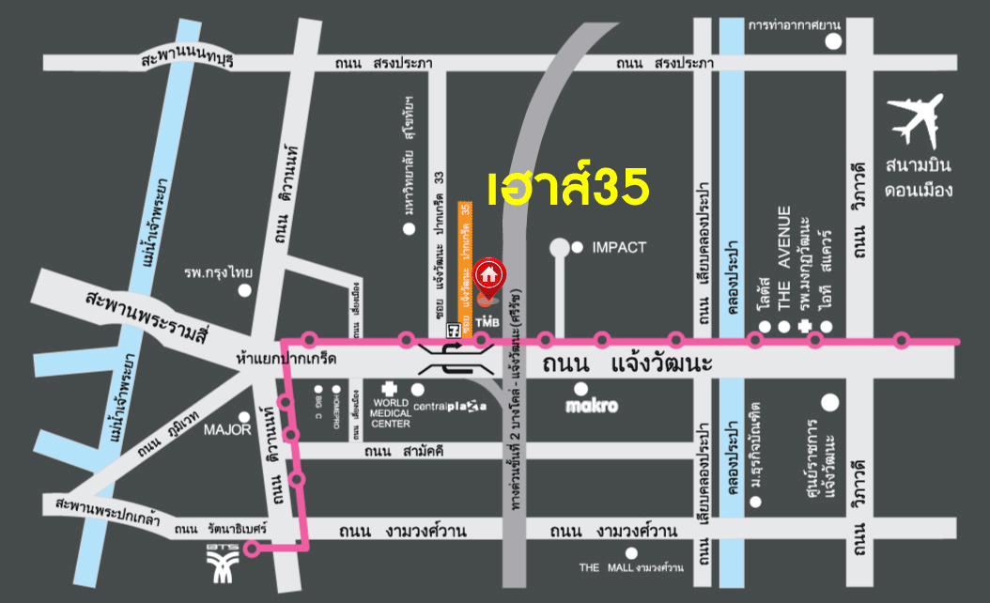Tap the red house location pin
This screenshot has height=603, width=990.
click(x=487, y=274)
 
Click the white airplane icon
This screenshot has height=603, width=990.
click(x=917, y=119)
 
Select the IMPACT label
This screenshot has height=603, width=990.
click(x=619, y=248)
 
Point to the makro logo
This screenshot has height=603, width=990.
click(x=591, y=407)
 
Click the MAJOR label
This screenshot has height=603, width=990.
click(x=228, y=430)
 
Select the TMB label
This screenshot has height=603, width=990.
click(x=485, y=322)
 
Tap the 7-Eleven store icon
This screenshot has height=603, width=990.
click(x=454, y=329)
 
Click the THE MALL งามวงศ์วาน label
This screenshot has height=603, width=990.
click(x=630, y=568)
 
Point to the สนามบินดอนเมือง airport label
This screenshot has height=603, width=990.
click(x=918, y=178)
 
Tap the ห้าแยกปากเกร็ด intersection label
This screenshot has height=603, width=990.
click(x=287, y=360)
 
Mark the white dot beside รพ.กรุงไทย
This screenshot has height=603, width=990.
click(x=245, y=290)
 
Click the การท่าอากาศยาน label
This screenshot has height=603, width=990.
click(x=794, y=24)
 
